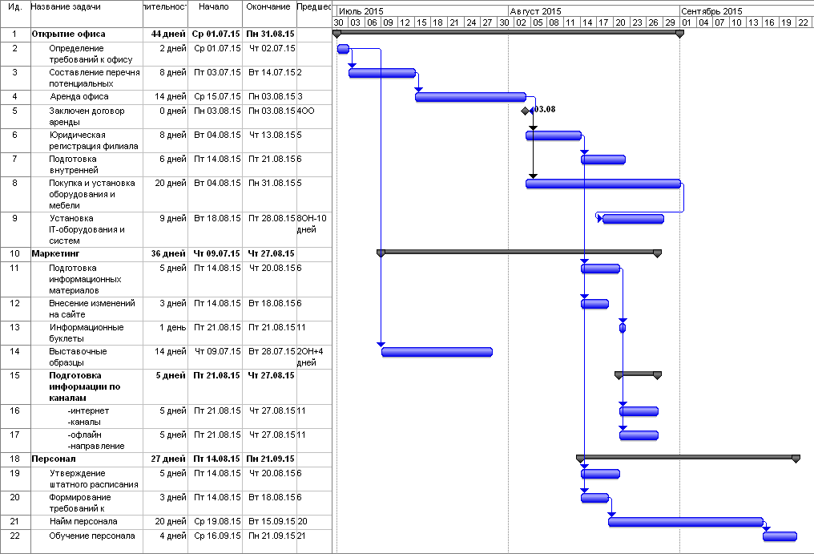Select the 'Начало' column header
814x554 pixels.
214,7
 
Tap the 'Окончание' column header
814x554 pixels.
268,7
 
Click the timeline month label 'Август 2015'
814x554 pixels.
534,11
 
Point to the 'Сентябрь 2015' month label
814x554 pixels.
711,11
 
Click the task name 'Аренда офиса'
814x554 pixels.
79,97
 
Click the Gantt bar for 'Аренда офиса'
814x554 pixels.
470,97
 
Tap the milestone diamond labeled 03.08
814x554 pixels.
525,111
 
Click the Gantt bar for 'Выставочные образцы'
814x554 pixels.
437,351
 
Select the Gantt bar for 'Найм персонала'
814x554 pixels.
686,522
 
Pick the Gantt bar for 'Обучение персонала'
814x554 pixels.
780,536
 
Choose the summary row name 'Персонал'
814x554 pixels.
54,459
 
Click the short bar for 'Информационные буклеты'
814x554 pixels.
623,327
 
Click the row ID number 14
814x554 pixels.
15,351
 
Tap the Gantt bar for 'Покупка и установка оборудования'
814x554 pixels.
603,184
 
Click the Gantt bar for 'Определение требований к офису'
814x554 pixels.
343,49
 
